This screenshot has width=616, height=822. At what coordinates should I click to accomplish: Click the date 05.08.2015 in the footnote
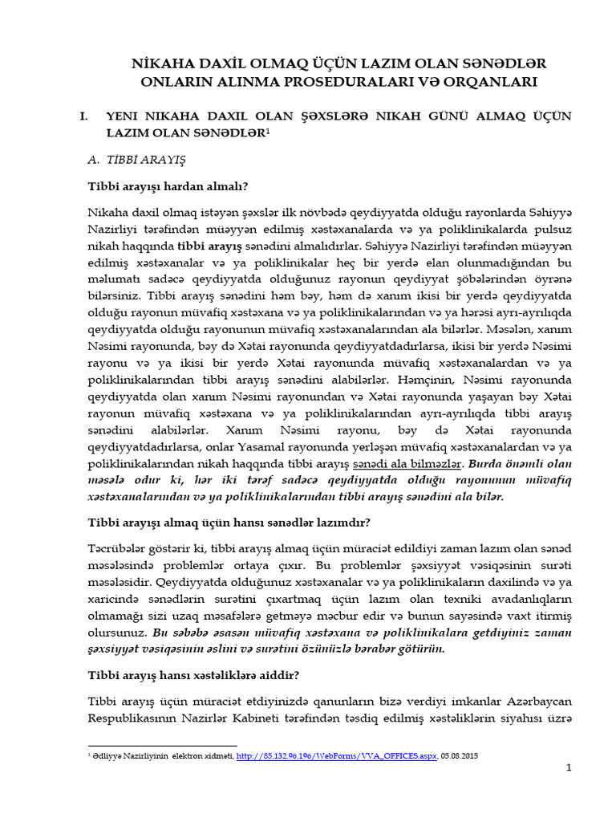[460, 756]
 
